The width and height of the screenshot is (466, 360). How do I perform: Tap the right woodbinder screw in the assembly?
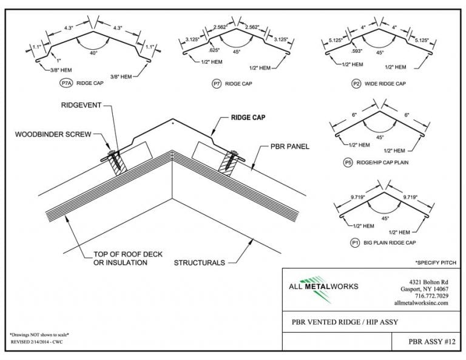coord(232,160)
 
